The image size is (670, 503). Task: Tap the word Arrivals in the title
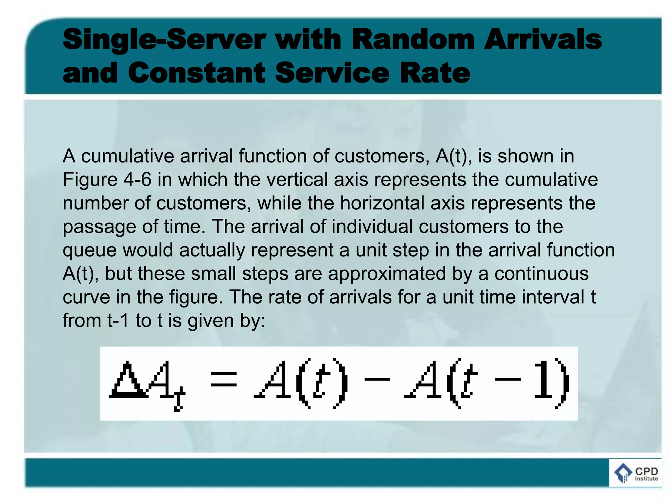pos(543,39)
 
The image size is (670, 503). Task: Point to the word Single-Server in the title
pos(164,40)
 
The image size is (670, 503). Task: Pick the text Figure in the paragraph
pos(90,180)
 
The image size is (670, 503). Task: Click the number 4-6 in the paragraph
pos(137,180)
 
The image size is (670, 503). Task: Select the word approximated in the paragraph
pos(387,274)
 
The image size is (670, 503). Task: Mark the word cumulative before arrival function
pos(127,156)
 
